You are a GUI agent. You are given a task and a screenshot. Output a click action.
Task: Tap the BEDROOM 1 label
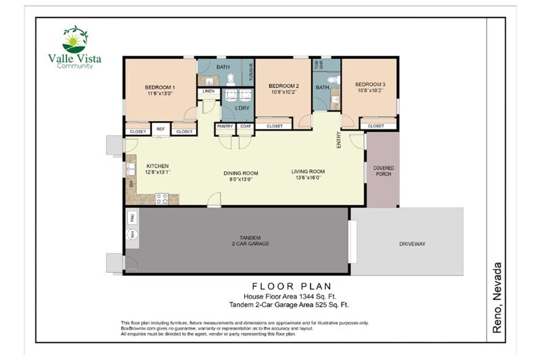click(x=160, y=87)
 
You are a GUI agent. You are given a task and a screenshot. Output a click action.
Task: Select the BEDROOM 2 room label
click(x=283, y=86)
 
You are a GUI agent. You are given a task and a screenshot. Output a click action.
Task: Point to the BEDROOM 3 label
click(x=370, y=84)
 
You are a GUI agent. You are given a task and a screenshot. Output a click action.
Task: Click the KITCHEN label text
click(x=157, y=166)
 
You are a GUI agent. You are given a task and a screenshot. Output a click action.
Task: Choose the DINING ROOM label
click(x=241, y=173)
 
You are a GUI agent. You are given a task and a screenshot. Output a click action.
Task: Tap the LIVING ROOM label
click(x=308, y=171)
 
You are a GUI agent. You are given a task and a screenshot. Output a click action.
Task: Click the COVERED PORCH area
click(x=383, y=171)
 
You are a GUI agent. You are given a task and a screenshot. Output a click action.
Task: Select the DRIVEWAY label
click(x=412, y=244)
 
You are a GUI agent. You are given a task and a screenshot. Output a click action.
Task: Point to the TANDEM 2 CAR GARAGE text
click(x=241, y=240)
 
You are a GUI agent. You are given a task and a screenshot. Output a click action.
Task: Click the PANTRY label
click(x=225, y=126)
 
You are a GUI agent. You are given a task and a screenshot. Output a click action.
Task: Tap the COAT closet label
click(x=244, y=126)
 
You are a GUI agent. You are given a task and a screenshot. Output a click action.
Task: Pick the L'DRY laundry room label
click(x=242, y=108)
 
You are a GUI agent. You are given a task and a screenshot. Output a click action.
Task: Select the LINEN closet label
click(x=208, y=91)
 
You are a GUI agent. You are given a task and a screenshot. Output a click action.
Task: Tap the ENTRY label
click(x=339, y=139)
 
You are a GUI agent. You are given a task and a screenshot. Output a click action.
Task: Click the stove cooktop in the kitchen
click(x=162, y=198)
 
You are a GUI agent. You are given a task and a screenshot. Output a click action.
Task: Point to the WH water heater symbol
click(x=133, y=234)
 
